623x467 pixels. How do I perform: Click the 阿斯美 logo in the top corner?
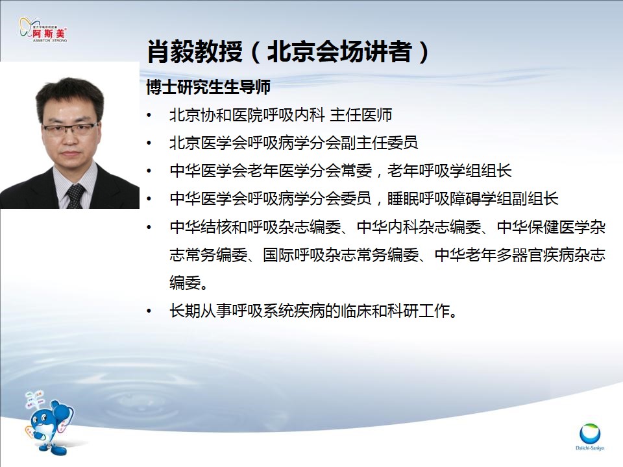43,29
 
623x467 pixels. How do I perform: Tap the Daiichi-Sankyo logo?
590,437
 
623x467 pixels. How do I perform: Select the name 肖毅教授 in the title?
195,52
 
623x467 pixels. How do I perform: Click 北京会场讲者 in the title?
339,52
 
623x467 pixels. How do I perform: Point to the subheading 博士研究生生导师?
208,87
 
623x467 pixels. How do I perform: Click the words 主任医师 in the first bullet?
361,115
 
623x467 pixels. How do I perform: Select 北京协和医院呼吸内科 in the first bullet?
247,115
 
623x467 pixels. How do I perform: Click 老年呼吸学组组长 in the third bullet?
449,171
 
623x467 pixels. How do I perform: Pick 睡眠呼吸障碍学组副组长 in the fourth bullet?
473,198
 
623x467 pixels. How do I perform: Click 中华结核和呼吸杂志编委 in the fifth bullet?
255,227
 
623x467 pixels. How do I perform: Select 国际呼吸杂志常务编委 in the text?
341,255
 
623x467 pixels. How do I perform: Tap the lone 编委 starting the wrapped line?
185,283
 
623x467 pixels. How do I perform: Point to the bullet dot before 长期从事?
149,311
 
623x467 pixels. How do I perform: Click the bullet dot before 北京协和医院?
149,115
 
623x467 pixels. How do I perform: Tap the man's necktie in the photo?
75,196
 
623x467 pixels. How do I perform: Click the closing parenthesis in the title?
424,52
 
